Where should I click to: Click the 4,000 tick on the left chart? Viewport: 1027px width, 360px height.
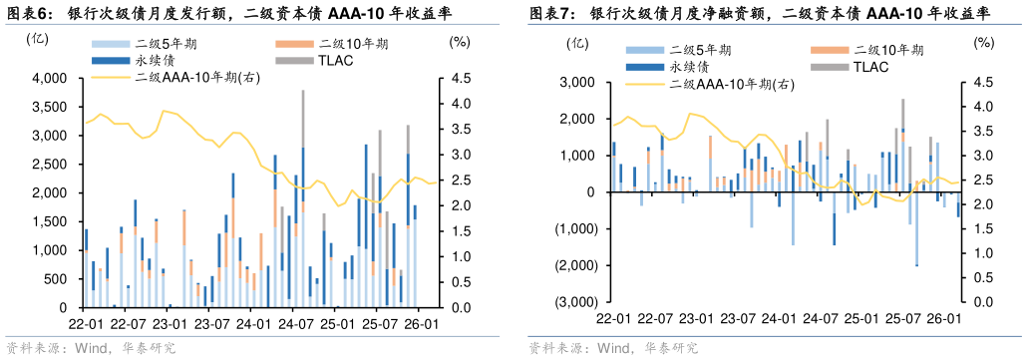pos(47,78)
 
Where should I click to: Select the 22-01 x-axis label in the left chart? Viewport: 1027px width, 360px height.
pos(84,324)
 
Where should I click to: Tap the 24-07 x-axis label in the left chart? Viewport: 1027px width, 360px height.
pos(296,324)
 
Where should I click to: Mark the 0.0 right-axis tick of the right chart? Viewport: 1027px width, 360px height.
pos(982,302)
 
